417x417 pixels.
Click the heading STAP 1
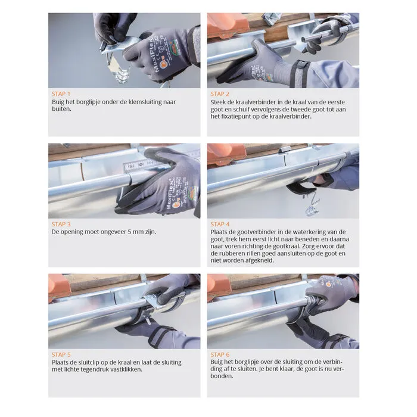pyautogui.click(x=61, y=94)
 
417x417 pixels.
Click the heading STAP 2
pyautogui.click(x=220, y=94)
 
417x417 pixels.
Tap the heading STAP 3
pyautogui.click(x=61, y=224)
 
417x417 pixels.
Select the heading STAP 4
pyautogui.click(x=220, y=224)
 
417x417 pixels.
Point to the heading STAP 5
pyautogui.click(x=61, y=354)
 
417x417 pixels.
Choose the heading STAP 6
pyautogui.click(x=220, y=354)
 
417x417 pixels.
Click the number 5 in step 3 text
pyautogui.click(x=129, y=232)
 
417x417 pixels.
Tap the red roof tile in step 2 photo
pyautogui.click(x=228, y=25)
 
